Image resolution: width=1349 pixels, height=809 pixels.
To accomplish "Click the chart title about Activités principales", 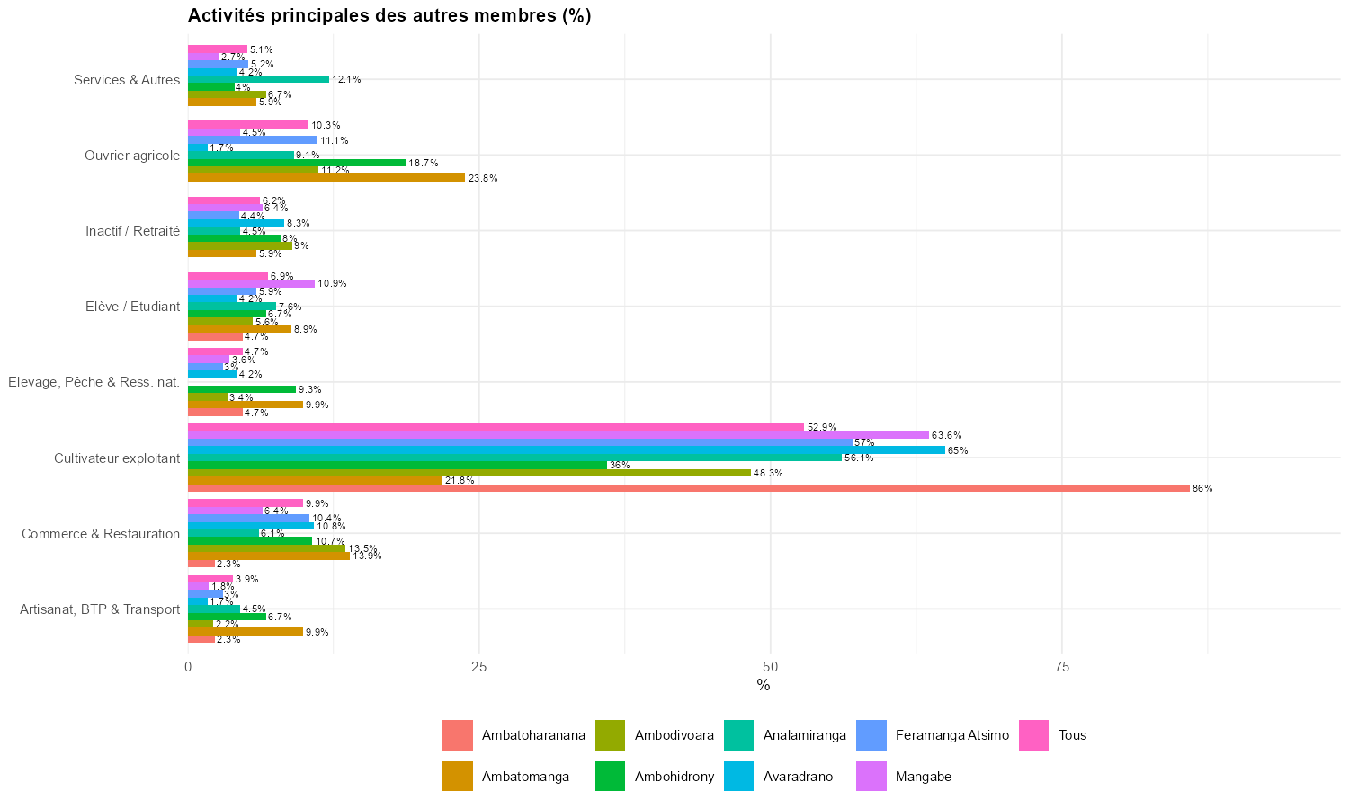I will [x=389, y=15].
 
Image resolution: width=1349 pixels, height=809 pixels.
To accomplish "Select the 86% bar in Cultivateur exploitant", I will [x=688, y=488].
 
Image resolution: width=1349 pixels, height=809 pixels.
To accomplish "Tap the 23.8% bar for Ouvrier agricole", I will [x=326, y=178].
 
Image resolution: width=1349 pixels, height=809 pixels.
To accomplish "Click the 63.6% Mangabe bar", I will [x=558, y=435].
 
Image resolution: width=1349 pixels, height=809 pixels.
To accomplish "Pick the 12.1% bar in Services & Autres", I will [x=258, y=79].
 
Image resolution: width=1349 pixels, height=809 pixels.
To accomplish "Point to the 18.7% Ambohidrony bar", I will [x=296, y=163].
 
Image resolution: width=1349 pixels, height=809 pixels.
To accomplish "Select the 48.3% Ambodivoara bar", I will [x=469, y=473].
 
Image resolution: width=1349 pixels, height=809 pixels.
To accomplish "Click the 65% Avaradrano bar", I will [x=566, y=450].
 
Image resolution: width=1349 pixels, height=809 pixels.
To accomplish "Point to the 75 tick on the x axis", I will [x=1061, y=667].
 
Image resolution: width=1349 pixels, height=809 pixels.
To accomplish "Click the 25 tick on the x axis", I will [x=479, y=667].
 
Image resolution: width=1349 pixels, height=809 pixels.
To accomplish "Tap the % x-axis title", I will [x=764, y=686].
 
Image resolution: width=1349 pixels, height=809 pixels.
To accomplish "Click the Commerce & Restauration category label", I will [x=101, y=534].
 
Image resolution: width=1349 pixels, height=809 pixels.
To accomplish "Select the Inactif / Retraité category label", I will [x=132, y=231].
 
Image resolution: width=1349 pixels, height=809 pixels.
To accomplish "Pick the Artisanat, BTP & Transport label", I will [x=100, y=609].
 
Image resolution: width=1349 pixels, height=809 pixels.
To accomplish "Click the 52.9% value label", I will [x=822, y=427].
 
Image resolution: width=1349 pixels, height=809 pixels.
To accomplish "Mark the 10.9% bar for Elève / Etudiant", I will [x=251, y=284].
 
